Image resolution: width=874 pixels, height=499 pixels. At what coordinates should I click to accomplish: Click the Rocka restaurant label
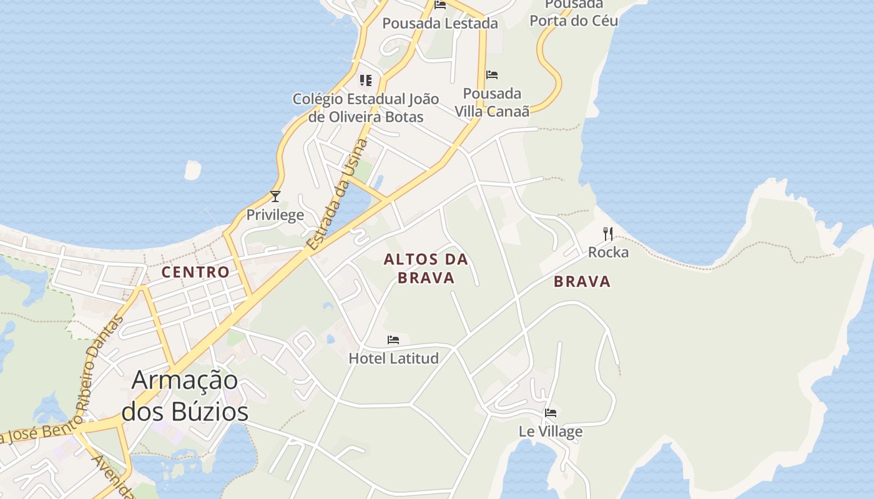[x=608, y=253]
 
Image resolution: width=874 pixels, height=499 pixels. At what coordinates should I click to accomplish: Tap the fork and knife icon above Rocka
[x=608, y=234]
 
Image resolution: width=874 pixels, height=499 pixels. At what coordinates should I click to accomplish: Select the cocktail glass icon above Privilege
[x=275, y=196]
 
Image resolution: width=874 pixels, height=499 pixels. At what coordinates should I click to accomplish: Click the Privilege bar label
[x=275, y=215]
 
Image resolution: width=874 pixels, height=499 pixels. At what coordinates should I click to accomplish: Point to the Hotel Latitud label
[x=393, y=358]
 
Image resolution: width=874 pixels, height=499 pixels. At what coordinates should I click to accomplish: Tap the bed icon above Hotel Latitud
[x=393, y=340]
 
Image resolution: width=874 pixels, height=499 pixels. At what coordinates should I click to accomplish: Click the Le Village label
[x=551, y=431]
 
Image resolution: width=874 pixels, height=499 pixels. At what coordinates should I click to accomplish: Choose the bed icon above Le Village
[x=551, y=413]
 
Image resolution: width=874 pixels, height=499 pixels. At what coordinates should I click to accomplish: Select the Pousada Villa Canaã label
[x=492, y=102]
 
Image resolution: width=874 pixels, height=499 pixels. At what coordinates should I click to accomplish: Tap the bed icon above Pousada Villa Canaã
[x=492, y=75]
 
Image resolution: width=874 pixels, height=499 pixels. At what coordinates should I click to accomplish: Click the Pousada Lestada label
[x=440, y=24]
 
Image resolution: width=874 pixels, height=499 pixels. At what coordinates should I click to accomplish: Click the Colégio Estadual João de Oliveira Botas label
[x=366, y=108]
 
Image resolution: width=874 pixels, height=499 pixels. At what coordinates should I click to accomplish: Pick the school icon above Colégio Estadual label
[x=366, y=80]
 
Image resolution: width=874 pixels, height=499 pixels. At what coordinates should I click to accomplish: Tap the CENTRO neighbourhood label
[x=195, y=273]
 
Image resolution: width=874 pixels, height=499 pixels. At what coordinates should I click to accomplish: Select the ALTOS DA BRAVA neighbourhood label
[x=426, y=268]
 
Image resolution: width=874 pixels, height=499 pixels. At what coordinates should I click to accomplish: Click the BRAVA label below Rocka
[x=582, y=282]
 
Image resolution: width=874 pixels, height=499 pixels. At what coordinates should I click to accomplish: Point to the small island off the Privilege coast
[x=193, y=170]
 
